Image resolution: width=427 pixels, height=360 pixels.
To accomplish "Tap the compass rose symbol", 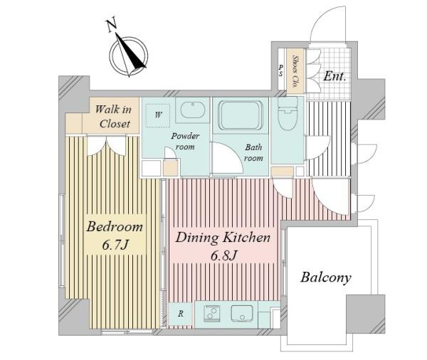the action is pyautogui.click(x=129, y=55).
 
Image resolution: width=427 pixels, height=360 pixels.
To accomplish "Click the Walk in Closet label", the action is pyautogui.click(x=114, y=117).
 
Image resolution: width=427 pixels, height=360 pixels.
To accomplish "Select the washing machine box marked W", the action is pyautogui.click(x=158, y=115).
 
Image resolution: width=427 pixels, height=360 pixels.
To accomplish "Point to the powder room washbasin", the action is pyautogui.click(x=193, y=110).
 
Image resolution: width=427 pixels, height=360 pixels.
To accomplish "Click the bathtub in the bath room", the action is pyautogui.click(x=241, y=115).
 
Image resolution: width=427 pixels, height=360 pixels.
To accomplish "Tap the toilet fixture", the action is pyautogui.click(x=288, y=114).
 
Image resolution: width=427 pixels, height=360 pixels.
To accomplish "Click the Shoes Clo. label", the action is pyautogui.click(x=295, y=71).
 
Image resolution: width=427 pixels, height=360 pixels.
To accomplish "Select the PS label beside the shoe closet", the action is pyautogui.click(x=281, y=70).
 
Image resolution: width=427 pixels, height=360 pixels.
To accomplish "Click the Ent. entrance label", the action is pyautogui.click(x=334, y=77).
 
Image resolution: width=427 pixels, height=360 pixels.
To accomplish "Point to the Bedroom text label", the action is pyautogui.click(x=115, y=227).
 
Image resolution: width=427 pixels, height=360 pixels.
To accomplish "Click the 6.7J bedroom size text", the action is pyautogui.click(x=115, y=245).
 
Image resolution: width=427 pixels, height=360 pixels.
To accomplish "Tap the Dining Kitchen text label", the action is pyautogui.click(x=223, y=238).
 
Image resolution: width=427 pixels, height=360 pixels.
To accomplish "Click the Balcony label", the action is pyautogui.click(x=326, y=277).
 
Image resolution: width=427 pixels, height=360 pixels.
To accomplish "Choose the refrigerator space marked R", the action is pyautogui.click(x=181, y=314).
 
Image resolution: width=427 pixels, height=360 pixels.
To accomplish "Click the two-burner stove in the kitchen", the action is pyautogui.click(x=211, y=314).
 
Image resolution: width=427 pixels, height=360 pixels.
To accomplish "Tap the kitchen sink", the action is pyautogui.click(x=242, y=314).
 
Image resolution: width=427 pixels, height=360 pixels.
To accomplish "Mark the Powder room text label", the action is pyautogui.click(x=185, y=142).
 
